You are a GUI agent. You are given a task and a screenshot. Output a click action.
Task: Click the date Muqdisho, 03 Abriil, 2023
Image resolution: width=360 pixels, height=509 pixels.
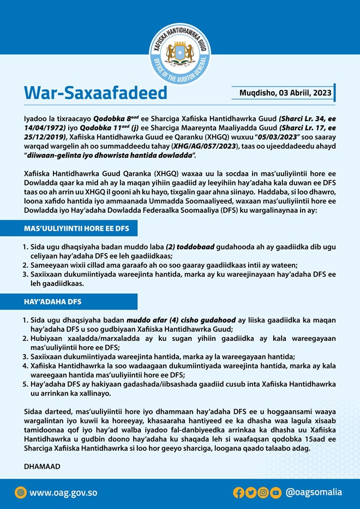click(x=285, y=93)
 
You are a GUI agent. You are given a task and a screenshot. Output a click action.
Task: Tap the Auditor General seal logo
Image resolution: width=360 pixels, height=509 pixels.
click(x=179, y=53)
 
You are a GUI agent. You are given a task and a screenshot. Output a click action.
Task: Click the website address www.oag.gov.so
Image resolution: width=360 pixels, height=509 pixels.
click(x=63, y=493)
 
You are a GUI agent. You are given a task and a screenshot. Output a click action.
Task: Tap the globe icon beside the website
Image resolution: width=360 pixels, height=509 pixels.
click(x=21, y=493)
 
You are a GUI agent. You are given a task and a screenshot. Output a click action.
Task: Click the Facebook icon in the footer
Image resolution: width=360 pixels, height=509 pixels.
click(x=238, y=493)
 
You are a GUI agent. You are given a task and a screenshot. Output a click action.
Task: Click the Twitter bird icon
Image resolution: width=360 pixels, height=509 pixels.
click(x=251, y=493)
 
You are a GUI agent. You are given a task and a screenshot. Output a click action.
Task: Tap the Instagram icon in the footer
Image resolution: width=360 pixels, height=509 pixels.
click(x=263, y=493)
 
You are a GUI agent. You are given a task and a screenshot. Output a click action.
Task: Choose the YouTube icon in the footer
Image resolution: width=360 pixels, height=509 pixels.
click(x=276, y=493)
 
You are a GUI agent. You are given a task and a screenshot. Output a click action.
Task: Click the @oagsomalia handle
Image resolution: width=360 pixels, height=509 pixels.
click(x=314, y=493)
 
